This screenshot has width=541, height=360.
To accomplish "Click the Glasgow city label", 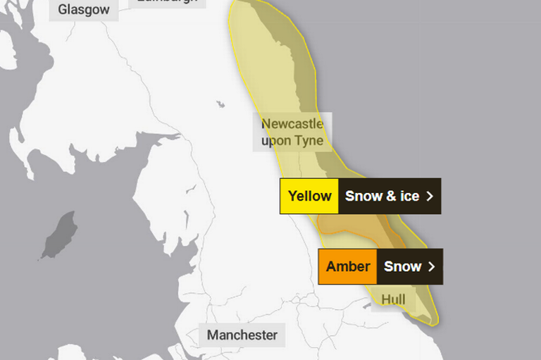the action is [x=84, y=9].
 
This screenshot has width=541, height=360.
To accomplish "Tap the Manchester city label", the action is [x=242, y=335].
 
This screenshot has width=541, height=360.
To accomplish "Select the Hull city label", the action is [x=393, y=300].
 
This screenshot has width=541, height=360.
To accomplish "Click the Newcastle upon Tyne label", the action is [x=292, y=132].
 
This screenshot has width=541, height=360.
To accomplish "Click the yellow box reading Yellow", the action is [x=309, y=196].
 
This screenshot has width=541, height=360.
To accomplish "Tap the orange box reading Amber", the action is [x=348, y=266].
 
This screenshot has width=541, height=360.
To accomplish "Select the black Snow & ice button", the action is [x=390, y=196].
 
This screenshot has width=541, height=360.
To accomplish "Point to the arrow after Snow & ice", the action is [x=430, y=197].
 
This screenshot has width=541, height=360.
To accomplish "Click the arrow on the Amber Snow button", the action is [x=432, y=267].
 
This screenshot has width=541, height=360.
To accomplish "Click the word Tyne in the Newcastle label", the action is [x=309, y=141].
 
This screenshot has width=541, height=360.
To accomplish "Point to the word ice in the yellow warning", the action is [x=409, y=196].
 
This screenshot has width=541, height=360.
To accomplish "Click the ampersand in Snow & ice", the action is [x=391, y=197].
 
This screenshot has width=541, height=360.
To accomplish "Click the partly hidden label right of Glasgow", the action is [x=168, y=3].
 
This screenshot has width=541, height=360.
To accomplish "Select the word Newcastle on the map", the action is [x=292, y=124].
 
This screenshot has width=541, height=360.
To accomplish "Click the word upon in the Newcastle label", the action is [x=276, y=141].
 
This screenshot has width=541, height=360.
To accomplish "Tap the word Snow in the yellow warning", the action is [x=363, y=196].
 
